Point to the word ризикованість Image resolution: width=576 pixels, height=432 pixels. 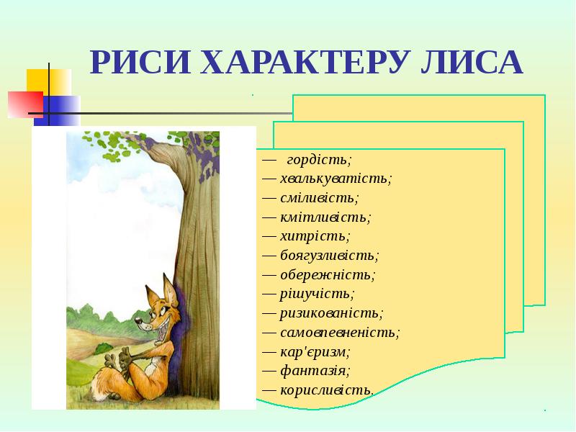point(332,313)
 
